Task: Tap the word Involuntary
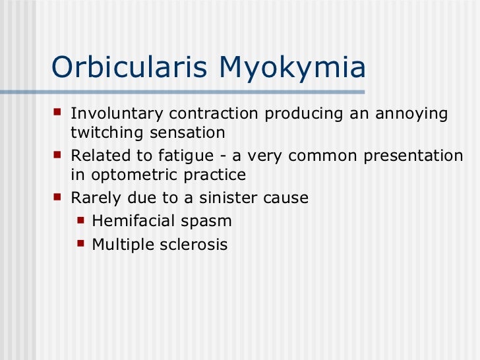115,114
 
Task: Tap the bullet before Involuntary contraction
59,112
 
